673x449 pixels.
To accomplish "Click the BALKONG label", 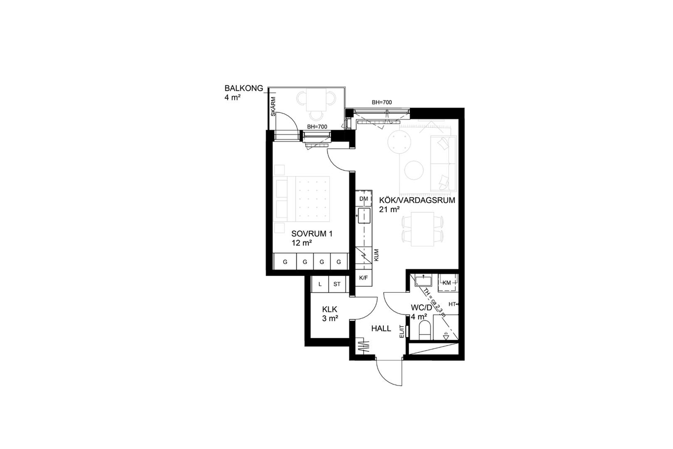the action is pyautogui.click(x=244, y=88).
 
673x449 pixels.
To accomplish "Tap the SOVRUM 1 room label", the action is pyautogui.click(x=312, y=234).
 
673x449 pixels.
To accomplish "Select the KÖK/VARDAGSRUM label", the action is pyautogui.click(x=417, y=200).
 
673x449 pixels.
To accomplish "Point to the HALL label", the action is pyautogui.click(x=381, y=328).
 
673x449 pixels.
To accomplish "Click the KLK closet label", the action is pyautogui.click(x=330, y=309).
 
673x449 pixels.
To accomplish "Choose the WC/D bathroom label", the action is pyautogui.click(x=421, y=308).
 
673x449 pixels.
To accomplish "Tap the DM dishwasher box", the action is pyautogui.click(x=364, y=198).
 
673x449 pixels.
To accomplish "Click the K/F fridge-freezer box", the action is pyautogui.click(x=364, y=277).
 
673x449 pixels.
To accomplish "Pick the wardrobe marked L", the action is pyautogui.click(x=320, y=284).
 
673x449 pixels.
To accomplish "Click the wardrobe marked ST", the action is pyautogui.click(x=337, y=284).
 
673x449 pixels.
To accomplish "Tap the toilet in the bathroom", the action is pyautogui.click(x=425, y=330).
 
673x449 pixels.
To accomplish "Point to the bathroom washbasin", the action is pyautogui.click(x=423, y=281).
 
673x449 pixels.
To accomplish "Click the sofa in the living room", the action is pyautogui.click(x=443, y=164).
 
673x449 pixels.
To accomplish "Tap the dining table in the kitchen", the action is pyautogui.click(x=422, y=229).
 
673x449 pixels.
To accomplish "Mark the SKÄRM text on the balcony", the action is pyautogui.click(x=273, y=106).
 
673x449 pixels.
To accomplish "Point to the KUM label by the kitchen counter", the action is pyautogui.click(x=376, y=255).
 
